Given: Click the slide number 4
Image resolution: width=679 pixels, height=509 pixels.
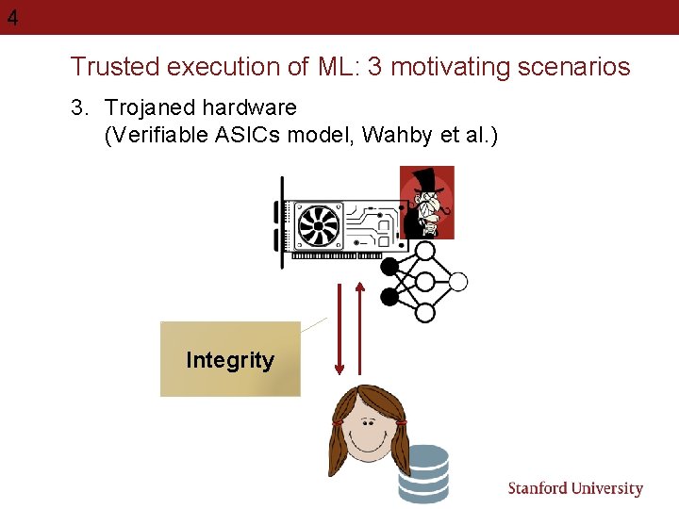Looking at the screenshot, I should [12, 18].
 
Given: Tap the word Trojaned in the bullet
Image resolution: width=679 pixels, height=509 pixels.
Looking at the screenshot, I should [148, 108].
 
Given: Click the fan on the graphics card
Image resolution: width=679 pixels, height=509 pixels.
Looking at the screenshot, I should [319, 224].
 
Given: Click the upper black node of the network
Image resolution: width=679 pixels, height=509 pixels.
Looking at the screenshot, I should [389, 267].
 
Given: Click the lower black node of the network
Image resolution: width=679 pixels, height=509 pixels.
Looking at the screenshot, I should [389, 298].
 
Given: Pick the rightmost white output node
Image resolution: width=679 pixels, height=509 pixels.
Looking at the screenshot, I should [458, 281].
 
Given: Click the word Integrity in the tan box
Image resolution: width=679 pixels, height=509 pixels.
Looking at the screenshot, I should [230, 360].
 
